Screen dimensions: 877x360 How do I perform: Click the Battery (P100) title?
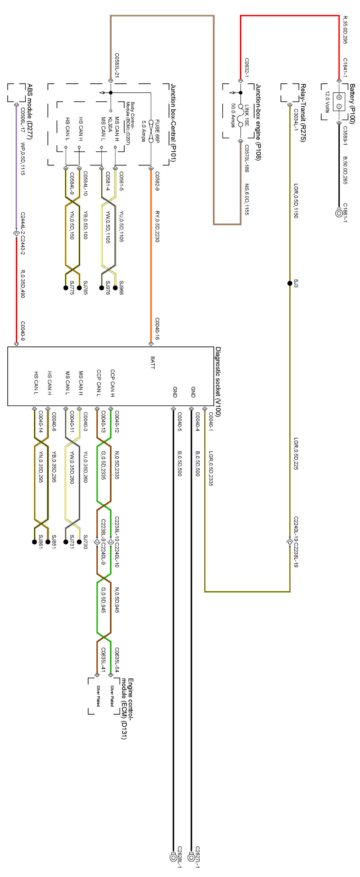tap(352, 103)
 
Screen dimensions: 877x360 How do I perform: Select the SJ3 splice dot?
tap(290, 283)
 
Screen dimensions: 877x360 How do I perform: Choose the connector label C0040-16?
tap(157, 329)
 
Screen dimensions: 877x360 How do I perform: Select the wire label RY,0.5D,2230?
tap(157, 226)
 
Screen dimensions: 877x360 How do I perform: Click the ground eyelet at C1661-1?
tap(339, 213)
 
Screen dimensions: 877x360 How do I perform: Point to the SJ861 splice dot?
tap(34, 542)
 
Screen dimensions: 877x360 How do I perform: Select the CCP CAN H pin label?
tap(112, 383)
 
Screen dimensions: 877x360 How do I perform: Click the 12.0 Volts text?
tap(327, 101)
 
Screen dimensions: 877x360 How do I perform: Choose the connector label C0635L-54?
tap(117, 660)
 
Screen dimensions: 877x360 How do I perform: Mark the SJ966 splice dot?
tap(115, 288)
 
